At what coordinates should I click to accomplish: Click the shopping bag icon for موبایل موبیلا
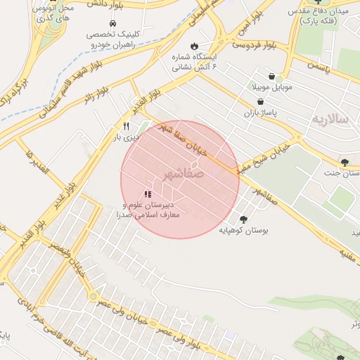tap(271, 77)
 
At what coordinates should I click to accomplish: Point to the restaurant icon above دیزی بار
tap(126, 127)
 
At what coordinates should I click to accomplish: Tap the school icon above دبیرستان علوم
tap(148, 193)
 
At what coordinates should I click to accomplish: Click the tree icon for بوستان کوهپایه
tap(243, 219)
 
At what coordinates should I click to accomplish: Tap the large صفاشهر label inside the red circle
tap(186, 172)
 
